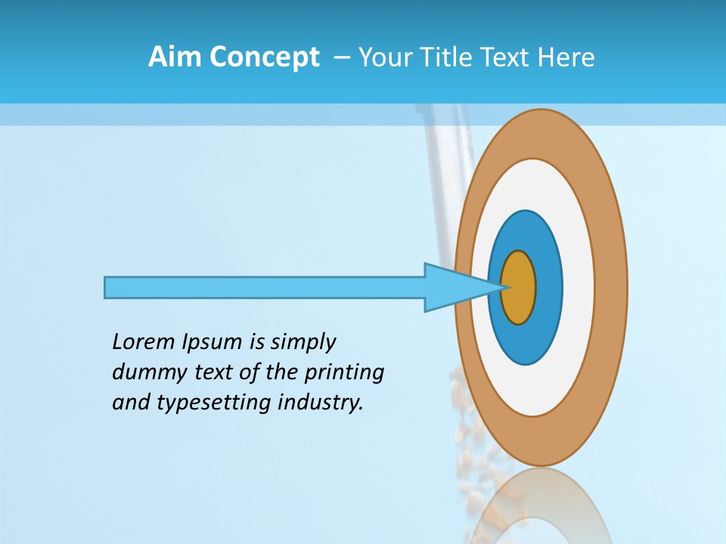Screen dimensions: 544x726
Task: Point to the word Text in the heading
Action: click(x=506, y=57)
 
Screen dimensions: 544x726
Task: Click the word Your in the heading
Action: click(x=385, y=57)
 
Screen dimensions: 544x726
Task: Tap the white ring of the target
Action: click(x=578, y=288)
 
